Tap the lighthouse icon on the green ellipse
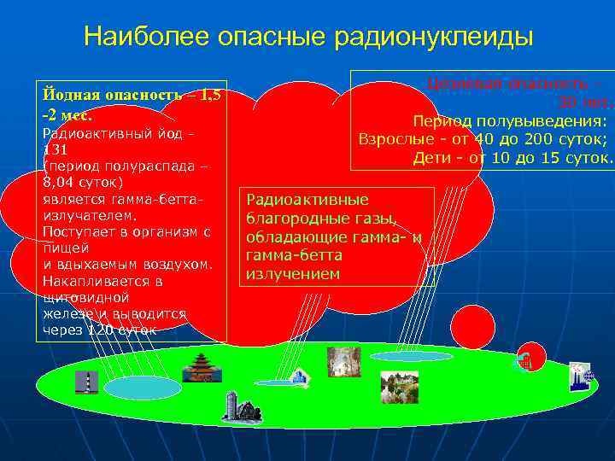point(85,382)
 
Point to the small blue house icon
point(299,376)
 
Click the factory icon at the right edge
point(580,376)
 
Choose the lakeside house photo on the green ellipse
point(398,386)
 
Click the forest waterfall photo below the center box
point(343,362)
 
